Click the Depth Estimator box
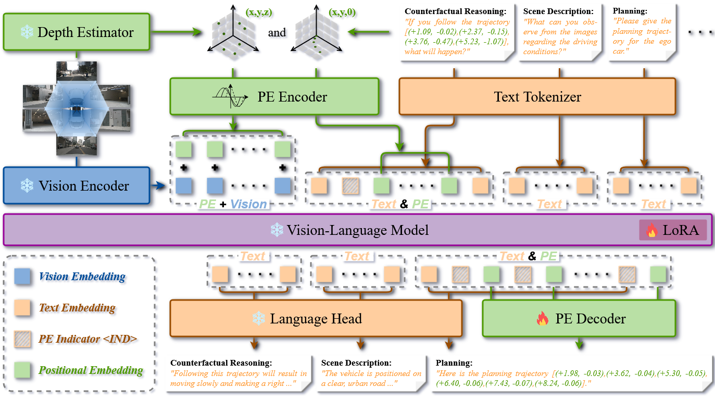(77, 32)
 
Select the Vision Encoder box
(77, 185)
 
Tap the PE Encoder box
(274, 96)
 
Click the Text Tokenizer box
(537, 96)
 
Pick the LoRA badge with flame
(673, 230)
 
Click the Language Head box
(316, 318)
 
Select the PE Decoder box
(579, 318)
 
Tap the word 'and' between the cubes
(277, 32)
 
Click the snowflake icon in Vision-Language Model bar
(277, 230)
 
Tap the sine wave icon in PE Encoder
(229, 97)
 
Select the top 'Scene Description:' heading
(558, 11)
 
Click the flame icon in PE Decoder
(543, 319)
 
